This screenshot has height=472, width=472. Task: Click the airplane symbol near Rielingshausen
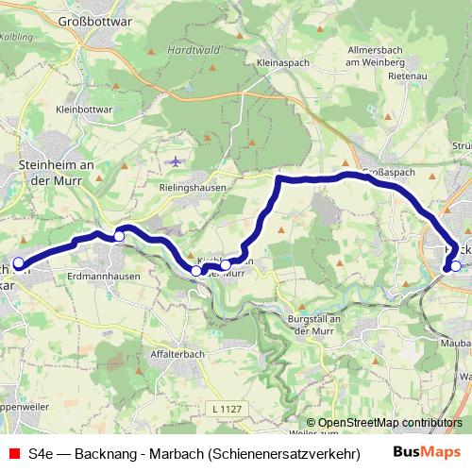coord(173,161)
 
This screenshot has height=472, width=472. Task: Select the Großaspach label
coord(387,174)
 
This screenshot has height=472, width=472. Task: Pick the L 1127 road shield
coord(226,408)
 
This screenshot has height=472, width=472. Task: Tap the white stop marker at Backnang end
coord(455,266)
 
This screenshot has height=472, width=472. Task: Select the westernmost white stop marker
coord(18,262)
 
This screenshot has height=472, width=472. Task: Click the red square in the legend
coord(12,452)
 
